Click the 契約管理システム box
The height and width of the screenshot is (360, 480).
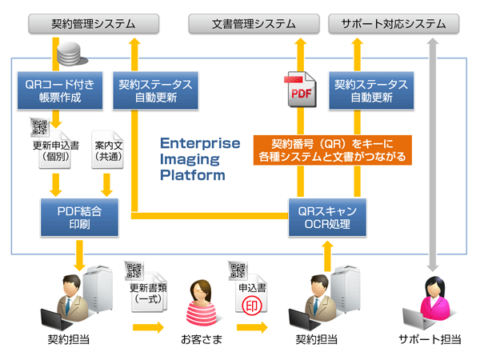click(82, 24)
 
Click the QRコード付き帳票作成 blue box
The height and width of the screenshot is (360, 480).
click(55, 90)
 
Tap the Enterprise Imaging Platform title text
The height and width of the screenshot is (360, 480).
click(199, 158)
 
